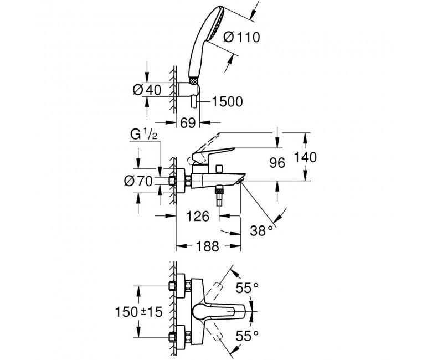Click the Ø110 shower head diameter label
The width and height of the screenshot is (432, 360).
[241, 37]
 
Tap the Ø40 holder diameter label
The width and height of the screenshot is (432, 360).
[147, 90]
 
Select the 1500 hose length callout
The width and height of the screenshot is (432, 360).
[227, 102]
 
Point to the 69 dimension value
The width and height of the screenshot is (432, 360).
[188, 122]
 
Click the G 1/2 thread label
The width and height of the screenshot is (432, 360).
[143, 135]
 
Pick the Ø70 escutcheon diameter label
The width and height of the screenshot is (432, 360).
[138, 181]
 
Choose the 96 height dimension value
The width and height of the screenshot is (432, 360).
[277, 163]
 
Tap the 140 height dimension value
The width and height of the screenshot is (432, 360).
[305, 157]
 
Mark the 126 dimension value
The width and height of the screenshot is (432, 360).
[198, 216]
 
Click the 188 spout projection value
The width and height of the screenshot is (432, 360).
[208, 246]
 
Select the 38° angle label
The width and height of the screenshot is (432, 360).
[261, 230]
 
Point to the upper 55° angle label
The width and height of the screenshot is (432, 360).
[247, 288]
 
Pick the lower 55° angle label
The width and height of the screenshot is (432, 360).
[247, 336]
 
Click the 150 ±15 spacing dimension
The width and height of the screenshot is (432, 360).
[138, 312]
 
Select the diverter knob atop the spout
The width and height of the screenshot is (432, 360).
[219, 169]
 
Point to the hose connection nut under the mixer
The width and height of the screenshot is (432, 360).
[219, 189]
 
